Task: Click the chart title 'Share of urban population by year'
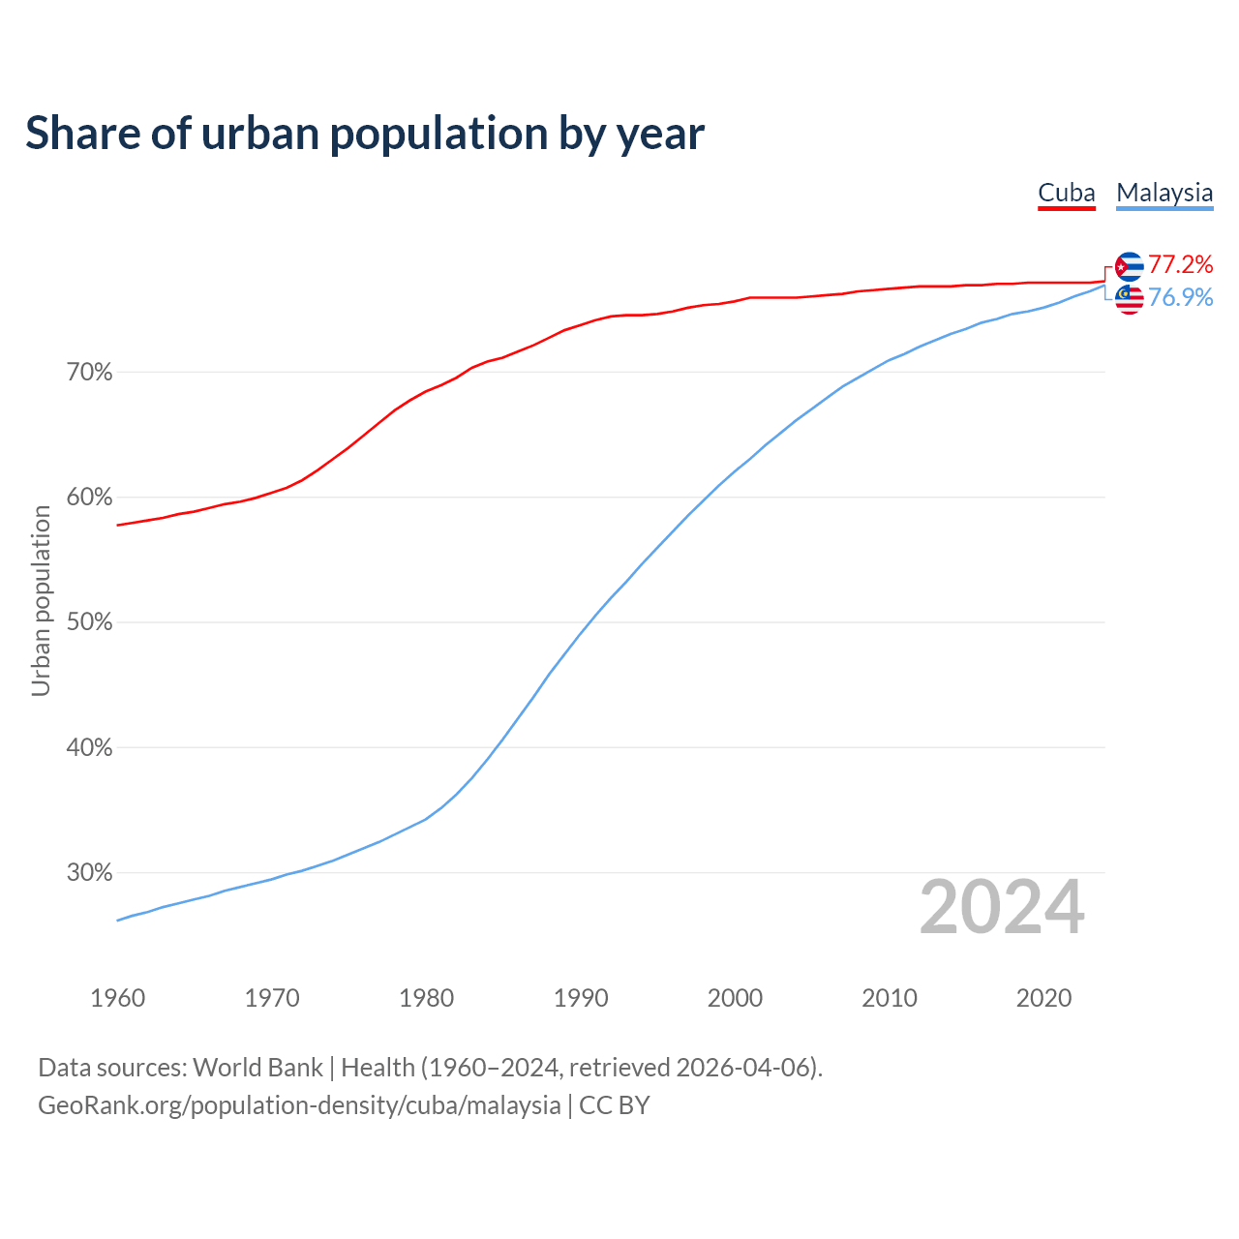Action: pyautogui.click(x=365, y=134)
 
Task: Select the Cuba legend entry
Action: pyautogui.click(x=1066, y=193)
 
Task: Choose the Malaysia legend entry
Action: pyautogui.click(x=1164, y=193)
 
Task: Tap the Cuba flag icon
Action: pyautogui.click(x=1130, y=266)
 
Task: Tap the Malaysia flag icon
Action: pyautogui.click(x=1130, y=299)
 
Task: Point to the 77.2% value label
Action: pyautogui.click(x=1181, y=265)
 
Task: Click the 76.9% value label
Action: pyautogui.click(x=1181, y=298)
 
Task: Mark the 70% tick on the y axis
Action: pyautogui.click(x=89, y=373)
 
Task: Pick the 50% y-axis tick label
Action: pyautogui.click(x=89, y=622)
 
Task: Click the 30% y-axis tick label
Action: pyautogui.click(x=89, y=873)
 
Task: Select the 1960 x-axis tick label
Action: pyautogui.click(x=117, y=998)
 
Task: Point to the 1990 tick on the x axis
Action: pyautogui.click(x=581, y=998)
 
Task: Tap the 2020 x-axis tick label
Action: pyautogui.click(x=1043, y=998)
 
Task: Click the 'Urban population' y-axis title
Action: pyautogui.click(x=41, y=600)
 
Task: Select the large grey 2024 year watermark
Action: pyautogui.click(x=1002, y=908)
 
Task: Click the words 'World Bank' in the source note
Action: pyautogui.click(x=257, y=1068)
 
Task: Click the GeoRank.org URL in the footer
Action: pyautogui.click(x=299, y=1105)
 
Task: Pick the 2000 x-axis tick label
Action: pyautogui.click(x=735, y=998)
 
